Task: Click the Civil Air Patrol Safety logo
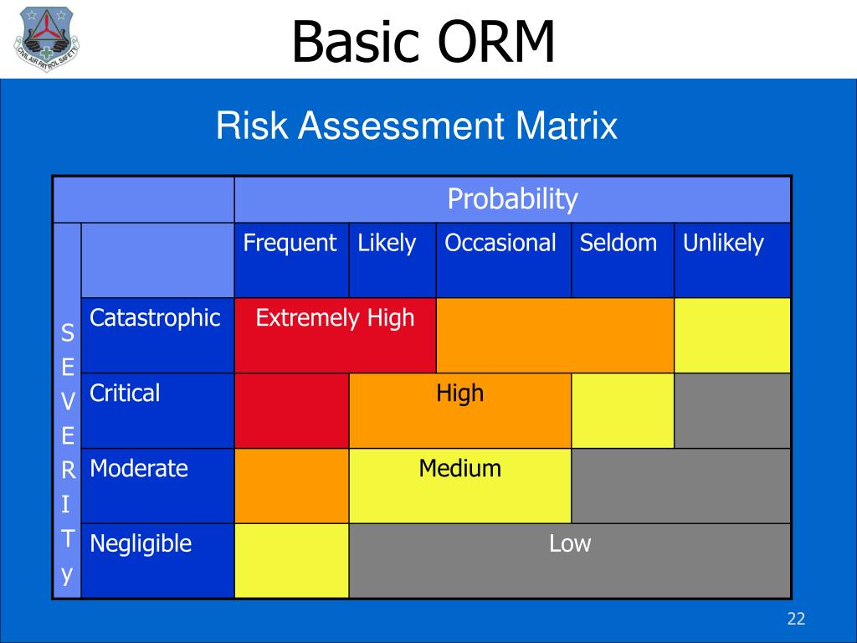(x=47, y=39)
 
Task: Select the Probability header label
(x=512, y=199)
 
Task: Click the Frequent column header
(x=290, y=244)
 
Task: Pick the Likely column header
(x=387, y=244)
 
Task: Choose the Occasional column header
(x=500, y=243)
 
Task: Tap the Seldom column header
(x=618, y=243)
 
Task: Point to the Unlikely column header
(x=723, y=244)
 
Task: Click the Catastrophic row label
(x=155, y=318)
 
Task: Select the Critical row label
(x=125, y=394)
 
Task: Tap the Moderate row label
(x=139, y=469)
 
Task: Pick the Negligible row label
(x=141, y=544)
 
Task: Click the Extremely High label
(x=335, y=318)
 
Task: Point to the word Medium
(x=459, y=469)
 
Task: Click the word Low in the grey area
(x=570, y=543)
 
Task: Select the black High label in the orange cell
(x=459, y=394)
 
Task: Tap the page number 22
(x=796, y=619)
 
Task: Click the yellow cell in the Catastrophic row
(x=732, y=336)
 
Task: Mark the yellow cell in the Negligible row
(x=292, y=561)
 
